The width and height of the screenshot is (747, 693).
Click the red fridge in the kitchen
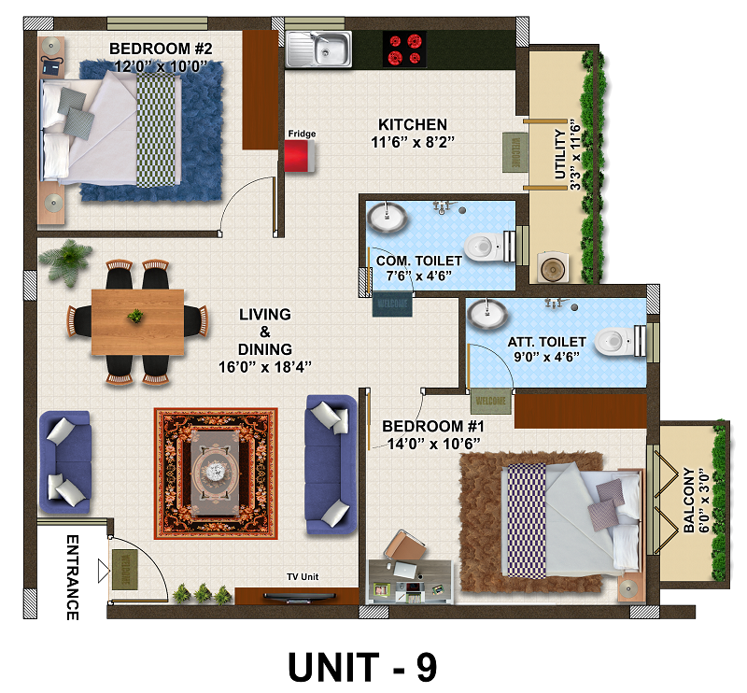point(299,156)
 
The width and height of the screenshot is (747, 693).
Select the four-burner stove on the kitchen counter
point(404,49)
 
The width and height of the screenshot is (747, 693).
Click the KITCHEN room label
point(413,124)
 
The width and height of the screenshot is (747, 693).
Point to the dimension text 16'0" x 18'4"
point(265,367)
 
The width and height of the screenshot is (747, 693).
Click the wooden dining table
point(137,321)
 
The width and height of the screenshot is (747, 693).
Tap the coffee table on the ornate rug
point(216,473)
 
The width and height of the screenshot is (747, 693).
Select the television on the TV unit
point(300,596)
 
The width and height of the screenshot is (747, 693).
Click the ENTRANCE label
point(73,577)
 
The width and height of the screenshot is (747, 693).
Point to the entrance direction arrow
point(104,571)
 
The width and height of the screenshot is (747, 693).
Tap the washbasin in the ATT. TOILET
point(487,314)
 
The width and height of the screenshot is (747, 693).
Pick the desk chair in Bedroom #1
point(405,544)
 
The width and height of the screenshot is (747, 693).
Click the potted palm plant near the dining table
point(66,261)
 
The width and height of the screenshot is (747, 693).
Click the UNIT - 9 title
point(362,667)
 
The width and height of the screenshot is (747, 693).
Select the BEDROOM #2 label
point(161,49)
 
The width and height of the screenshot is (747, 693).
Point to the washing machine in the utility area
point(553,268)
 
